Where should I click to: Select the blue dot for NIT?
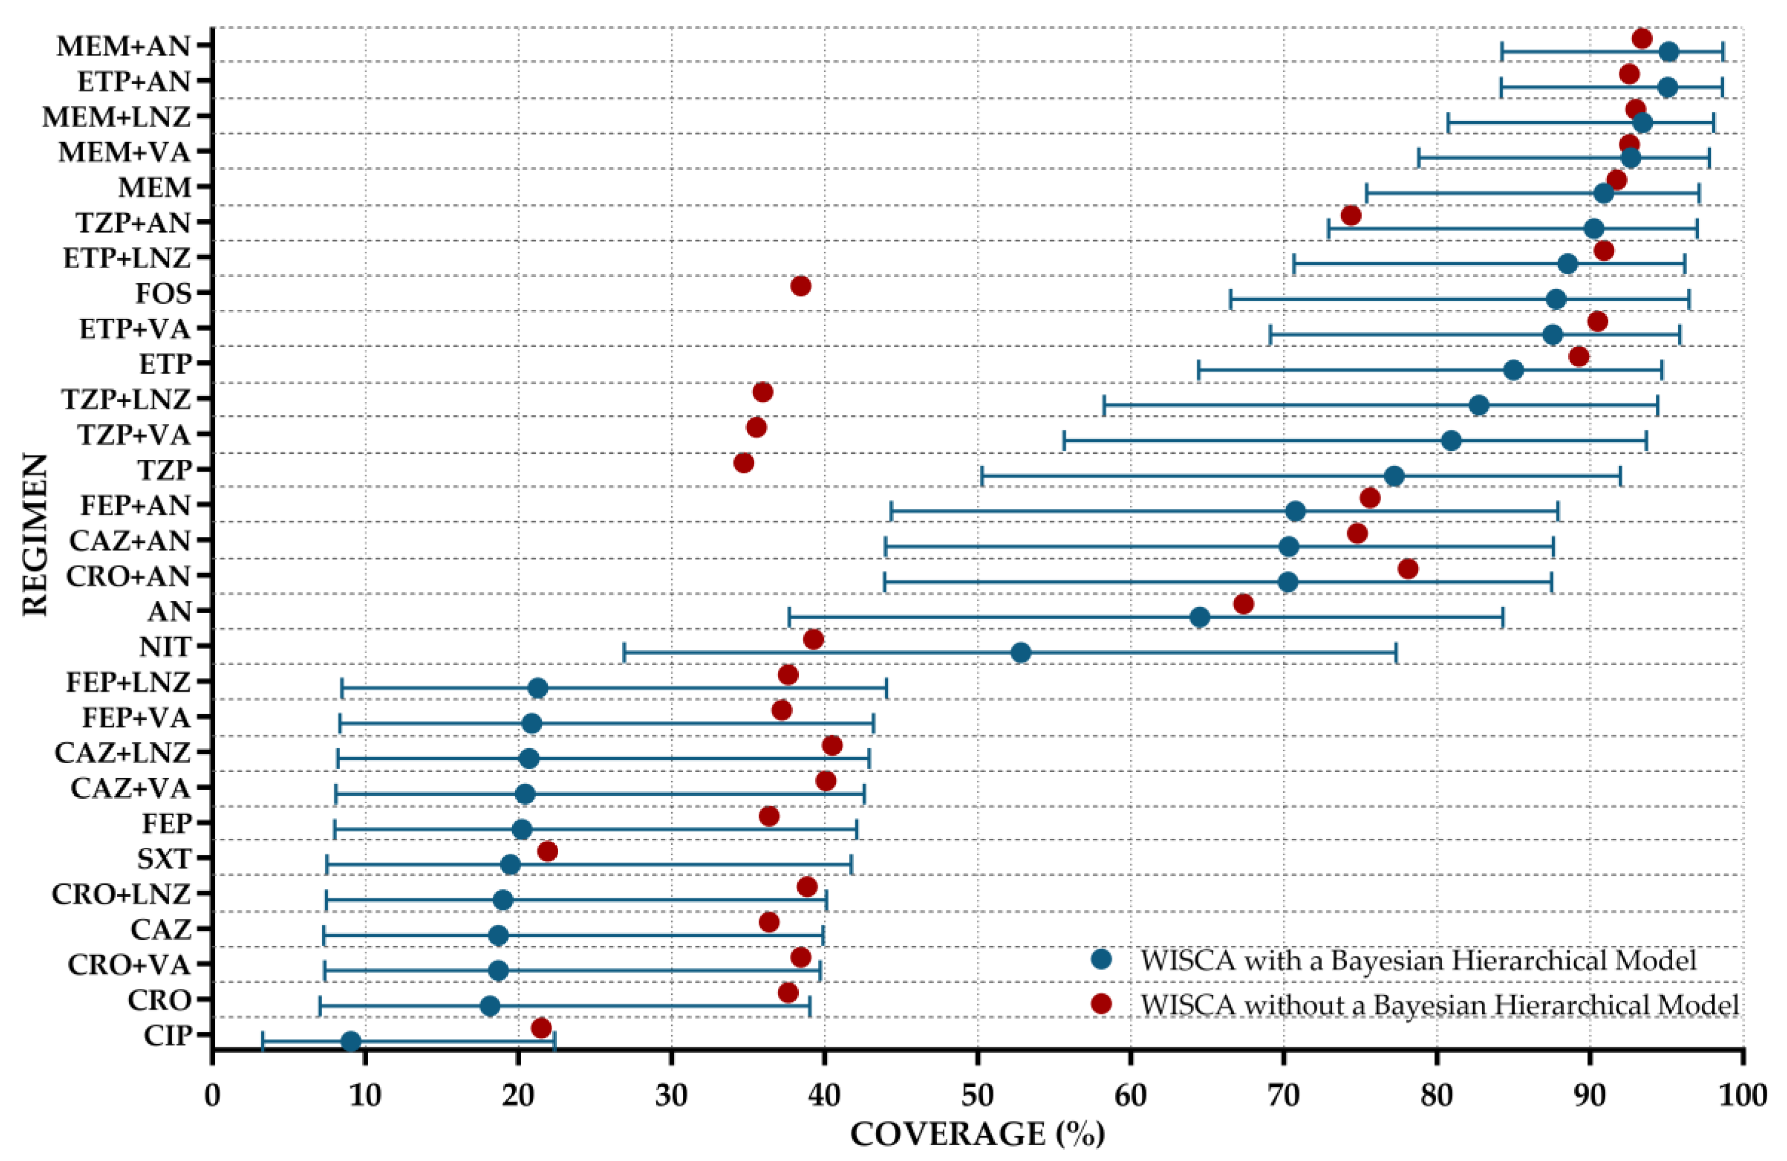coord(1020,653)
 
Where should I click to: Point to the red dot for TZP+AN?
coord(1350,216)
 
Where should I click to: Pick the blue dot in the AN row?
coord(1200,617)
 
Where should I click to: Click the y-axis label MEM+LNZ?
coord(116,118)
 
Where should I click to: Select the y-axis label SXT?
coord(164,858)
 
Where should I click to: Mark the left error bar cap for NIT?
coord(624,653)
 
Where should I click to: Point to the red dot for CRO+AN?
coord(1408,569)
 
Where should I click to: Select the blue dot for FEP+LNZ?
coord(537,688)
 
